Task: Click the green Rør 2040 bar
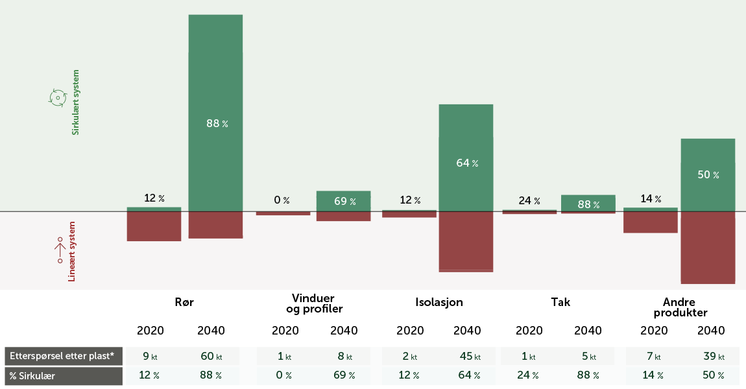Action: pyautogui.click(x=215, y=78)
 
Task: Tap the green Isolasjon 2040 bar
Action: pyautogui.click(x=466, y=130)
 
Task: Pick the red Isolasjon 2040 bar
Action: pyautogui.click(x=466, y=241)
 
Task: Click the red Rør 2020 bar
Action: pyautogui.click(x=154, y=226)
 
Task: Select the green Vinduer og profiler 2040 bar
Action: pyautogui.click(x=343, y=201)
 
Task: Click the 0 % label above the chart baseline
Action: pyautogui.click(x=282, y=200)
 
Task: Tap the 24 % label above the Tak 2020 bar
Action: pyautogui.click(x=529, y=200)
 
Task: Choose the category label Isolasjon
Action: pyautogui.click(x=439, y=302)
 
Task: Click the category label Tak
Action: pyautogui.click(x=560, y=302)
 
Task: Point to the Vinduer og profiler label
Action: pyautogui.click(x=314, y=303)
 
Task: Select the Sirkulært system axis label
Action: pyautogui.click(x=75, y=102)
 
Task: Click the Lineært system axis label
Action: pyautogui.click(x=72, y=252)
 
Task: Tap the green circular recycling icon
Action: pyautogui.click(x=58, y=98)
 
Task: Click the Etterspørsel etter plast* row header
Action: pyautogui.click(x=64, y=357)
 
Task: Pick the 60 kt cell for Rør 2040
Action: pyautogui.click(x=211, y=357)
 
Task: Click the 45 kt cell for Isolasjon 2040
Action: pyautogui.click(x=468, y=357)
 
